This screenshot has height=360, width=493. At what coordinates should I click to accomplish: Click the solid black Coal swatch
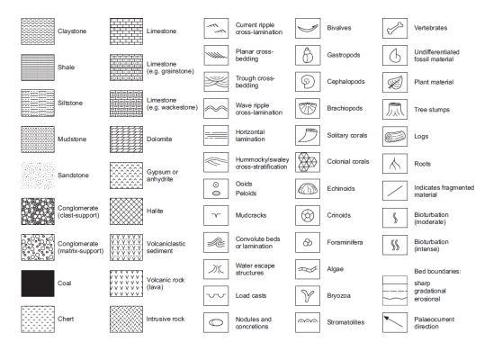point(38,280)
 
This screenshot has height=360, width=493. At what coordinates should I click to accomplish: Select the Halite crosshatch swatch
point(125,205)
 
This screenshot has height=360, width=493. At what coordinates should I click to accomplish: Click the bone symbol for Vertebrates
point(397,29)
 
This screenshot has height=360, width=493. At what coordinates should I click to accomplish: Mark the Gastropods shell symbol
point(309,56)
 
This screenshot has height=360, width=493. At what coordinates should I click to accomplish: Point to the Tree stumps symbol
point(397,109)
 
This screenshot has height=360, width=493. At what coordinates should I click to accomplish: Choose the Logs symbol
point(397,136)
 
